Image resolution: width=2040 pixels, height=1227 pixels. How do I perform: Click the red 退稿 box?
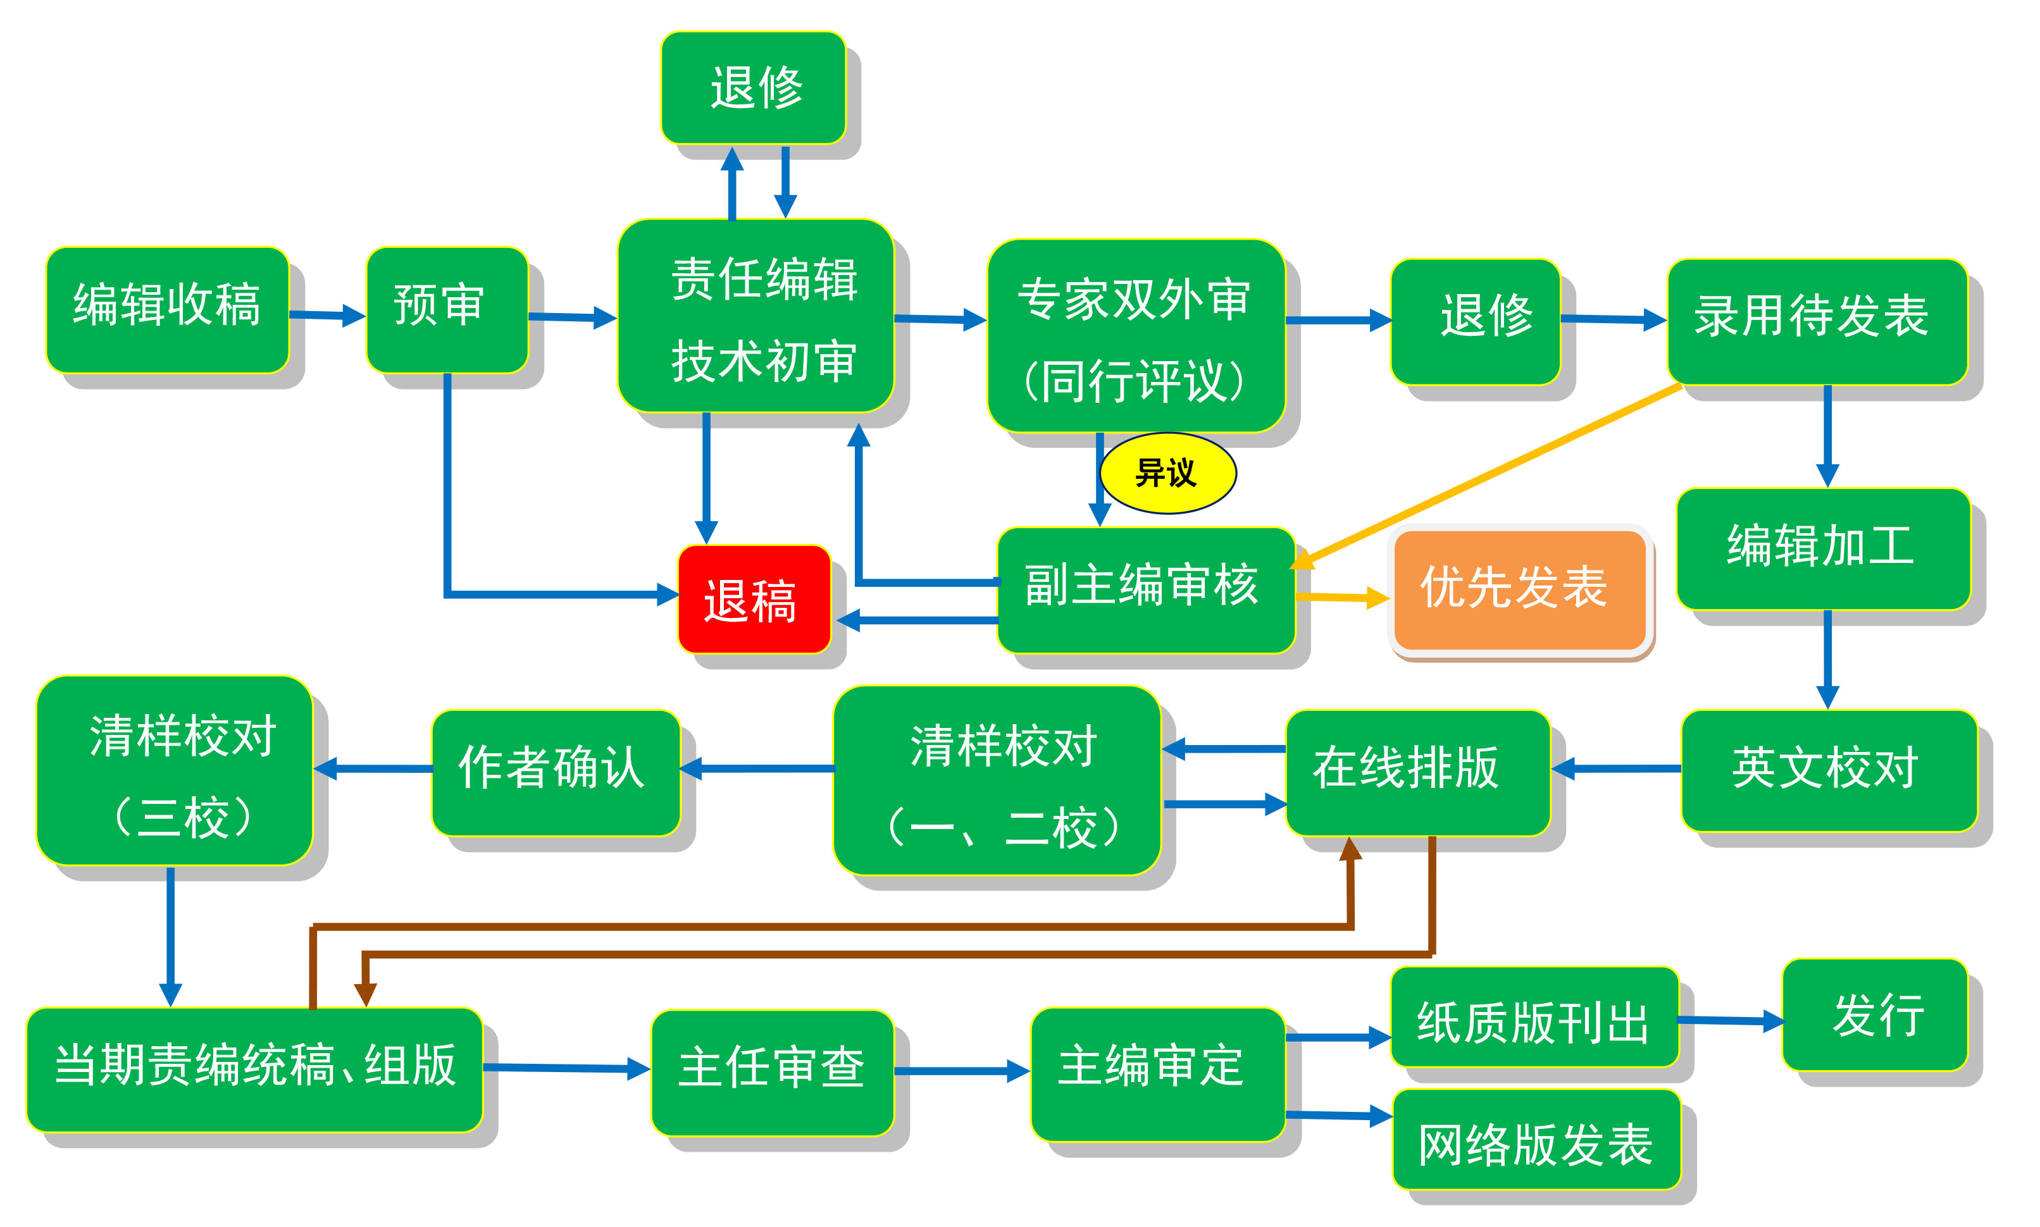click(x=754, y=598)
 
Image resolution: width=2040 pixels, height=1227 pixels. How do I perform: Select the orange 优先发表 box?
click(x=1519, y=589)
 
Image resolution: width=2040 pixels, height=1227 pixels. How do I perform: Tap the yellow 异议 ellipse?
click(x=1167, y=473)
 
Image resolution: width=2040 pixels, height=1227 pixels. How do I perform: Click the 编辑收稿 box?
click(x=167, y=309)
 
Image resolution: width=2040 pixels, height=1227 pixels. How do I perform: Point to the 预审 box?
click(x=447, y=309)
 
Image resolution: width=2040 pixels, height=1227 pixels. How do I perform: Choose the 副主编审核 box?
click(x=1145, y=589)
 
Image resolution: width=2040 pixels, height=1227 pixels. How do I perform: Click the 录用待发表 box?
click(x=1817, y=322)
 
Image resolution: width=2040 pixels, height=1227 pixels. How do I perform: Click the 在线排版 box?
click(x=1417, y=772)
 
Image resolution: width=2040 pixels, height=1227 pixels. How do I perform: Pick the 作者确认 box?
click(x=556, y=772)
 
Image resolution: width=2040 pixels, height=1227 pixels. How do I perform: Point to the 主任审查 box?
click(x=773, y=1073)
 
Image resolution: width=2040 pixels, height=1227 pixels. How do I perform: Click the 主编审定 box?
click(x=1158, y=1074)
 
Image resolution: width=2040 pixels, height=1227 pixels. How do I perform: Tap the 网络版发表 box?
click(x=1536, y=1139)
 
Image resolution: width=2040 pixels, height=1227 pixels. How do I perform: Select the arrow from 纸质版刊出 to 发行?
click(x=1731, y=1021)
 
